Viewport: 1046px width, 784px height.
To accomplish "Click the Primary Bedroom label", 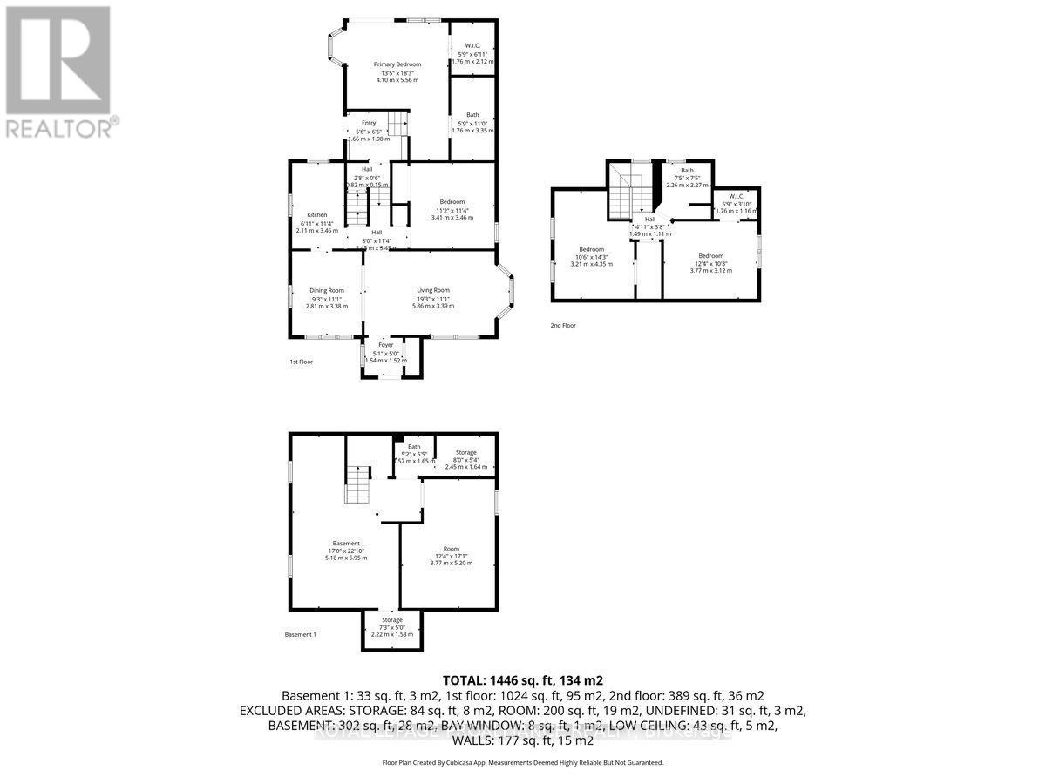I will pos(397,64).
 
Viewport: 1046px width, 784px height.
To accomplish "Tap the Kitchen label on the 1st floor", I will pos(316,214).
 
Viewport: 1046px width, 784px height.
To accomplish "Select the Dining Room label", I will pos(327,290).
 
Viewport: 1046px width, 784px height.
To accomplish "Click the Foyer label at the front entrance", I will pos(385,345).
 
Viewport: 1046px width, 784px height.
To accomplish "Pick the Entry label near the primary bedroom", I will pos(369,123).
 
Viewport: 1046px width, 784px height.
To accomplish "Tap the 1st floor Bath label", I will pos(472,115).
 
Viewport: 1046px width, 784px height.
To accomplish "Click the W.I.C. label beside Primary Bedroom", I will pos(473,46).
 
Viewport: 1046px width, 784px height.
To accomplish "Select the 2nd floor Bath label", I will pos(687,171).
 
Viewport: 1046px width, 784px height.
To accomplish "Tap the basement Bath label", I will pos(414,447).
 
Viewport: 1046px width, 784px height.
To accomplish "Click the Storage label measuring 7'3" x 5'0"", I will pos(391,620).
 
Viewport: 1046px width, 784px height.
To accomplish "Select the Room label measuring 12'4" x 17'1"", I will pos(451,549).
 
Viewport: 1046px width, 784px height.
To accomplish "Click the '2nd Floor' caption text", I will pos(563,325).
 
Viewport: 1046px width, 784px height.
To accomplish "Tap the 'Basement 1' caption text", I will pos(300,635).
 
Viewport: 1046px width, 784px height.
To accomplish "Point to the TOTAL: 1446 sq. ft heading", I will pos(523,680).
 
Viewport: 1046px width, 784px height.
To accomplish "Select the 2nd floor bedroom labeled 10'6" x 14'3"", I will pos(592,250).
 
